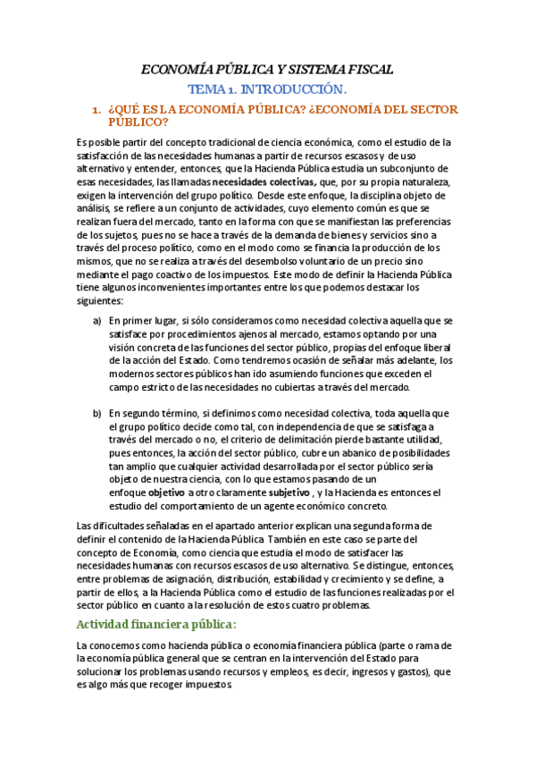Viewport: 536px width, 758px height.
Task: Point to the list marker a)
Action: click(x=97, y=319)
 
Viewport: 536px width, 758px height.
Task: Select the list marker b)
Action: click(x=97, y=413)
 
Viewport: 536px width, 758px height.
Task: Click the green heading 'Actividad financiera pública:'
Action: click(x=156, y=623)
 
